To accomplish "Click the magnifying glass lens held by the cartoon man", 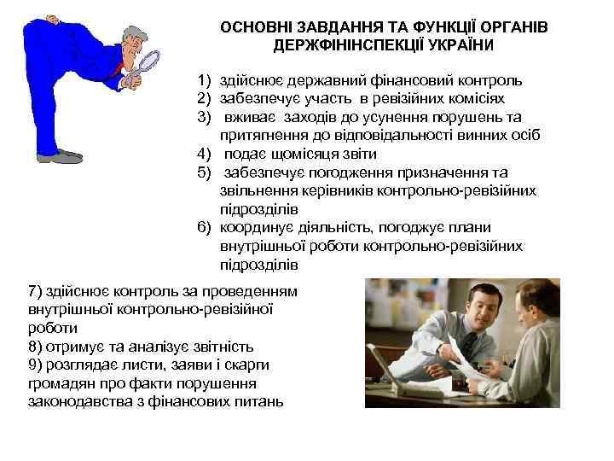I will [x=151, y=60].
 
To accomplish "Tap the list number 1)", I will [x=203, y=81].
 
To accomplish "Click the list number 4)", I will [x=203, y=154].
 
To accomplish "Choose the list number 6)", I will [x=203, y=227].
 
